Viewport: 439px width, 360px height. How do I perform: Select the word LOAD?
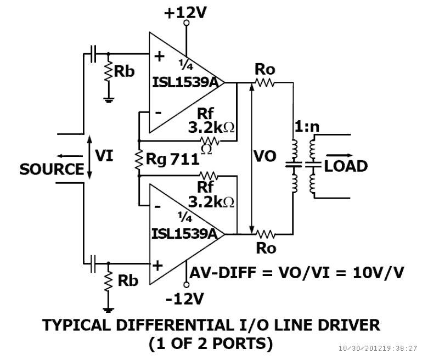[x=346, y=166]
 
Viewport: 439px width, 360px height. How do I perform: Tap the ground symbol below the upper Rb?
[x=108, y=99]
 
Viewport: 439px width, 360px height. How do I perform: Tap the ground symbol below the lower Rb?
[x=108, y=308]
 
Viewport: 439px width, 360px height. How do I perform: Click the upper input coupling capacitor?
[x=94, y=54]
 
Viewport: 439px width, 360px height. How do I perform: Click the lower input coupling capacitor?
[x=94, y=263]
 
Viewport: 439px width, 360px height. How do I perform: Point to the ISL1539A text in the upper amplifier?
[x=188, y=82]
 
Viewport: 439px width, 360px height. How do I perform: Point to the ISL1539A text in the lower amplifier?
[x=188, y=233]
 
